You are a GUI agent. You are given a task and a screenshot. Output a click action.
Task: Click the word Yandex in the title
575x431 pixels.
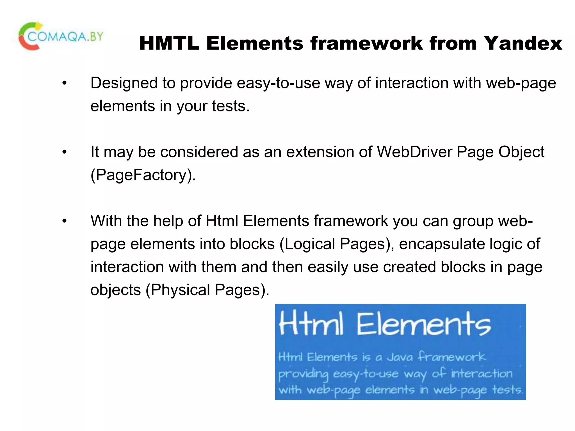point(523,43)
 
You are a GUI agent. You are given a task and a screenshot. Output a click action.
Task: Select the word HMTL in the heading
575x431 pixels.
point(169,43)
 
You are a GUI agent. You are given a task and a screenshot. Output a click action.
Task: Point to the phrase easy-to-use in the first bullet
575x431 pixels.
point(278,83)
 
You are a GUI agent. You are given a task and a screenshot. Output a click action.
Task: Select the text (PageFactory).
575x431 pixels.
point(143,175)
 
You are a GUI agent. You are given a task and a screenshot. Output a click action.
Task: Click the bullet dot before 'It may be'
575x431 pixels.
point(65,152)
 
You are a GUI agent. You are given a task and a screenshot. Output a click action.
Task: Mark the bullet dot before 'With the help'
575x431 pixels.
point(65,221)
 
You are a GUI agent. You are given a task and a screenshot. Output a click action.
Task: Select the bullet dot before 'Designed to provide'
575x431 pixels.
point(65,83)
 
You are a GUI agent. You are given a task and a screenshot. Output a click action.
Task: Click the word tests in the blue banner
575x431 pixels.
point(507,390)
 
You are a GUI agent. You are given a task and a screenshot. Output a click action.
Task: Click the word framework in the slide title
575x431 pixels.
point(367,43)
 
